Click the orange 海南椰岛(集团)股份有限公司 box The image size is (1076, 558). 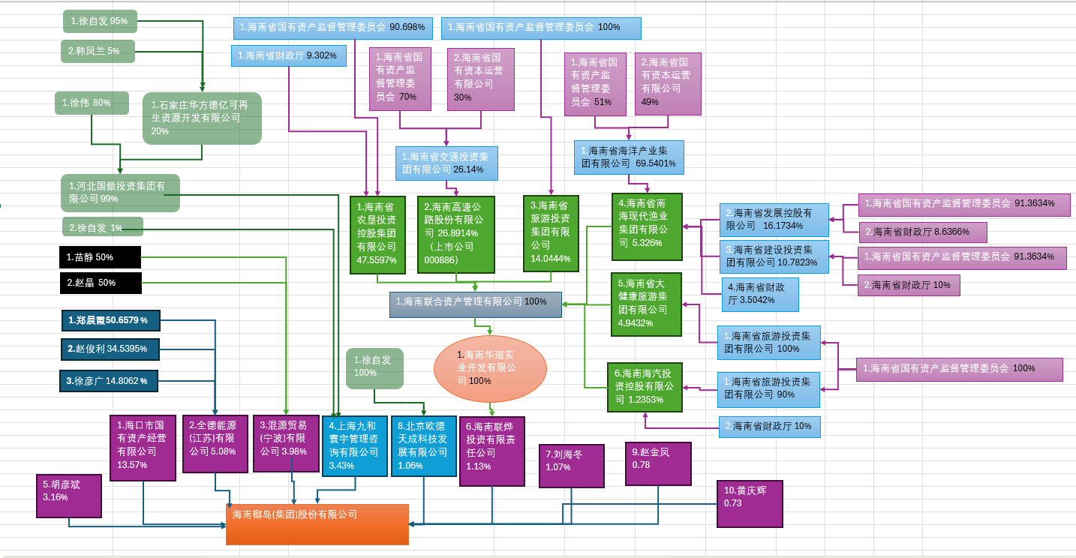(317, 523)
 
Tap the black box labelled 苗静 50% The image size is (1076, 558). (100, 257)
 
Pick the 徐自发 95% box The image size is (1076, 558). (100, 21)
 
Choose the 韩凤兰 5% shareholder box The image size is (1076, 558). (98, 51)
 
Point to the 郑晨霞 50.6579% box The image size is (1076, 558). (110, 320)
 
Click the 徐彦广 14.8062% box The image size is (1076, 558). (109, 381)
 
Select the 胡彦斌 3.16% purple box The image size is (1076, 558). (68, 496)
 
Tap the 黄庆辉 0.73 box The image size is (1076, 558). (749, 503)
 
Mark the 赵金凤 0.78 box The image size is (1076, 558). (658, 463)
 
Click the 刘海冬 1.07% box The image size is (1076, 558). (571, 466)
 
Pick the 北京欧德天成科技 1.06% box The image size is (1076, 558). (423, 445)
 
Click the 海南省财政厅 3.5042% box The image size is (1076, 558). (759, 295)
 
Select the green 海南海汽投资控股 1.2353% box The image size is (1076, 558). (645, 386)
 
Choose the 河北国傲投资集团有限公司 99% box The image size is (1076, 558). (120, 193)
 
